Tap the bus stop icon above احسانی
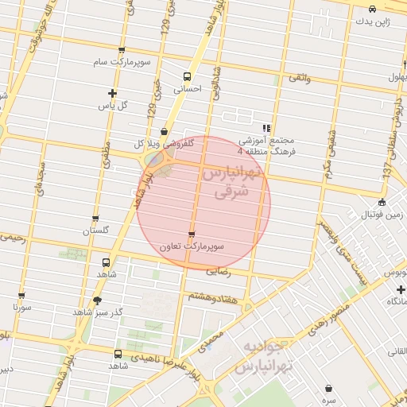(187, 77)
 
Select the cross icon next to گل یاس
(113, 93)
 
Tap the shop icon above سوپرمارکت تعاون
(192, 234)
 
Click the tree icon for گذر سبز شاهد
(98, 300)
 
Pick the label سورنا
(21, 306)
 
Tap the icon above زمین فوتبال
(382, 202)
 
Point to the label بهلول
(397, 77)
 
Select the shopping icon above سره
(329, 388)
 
